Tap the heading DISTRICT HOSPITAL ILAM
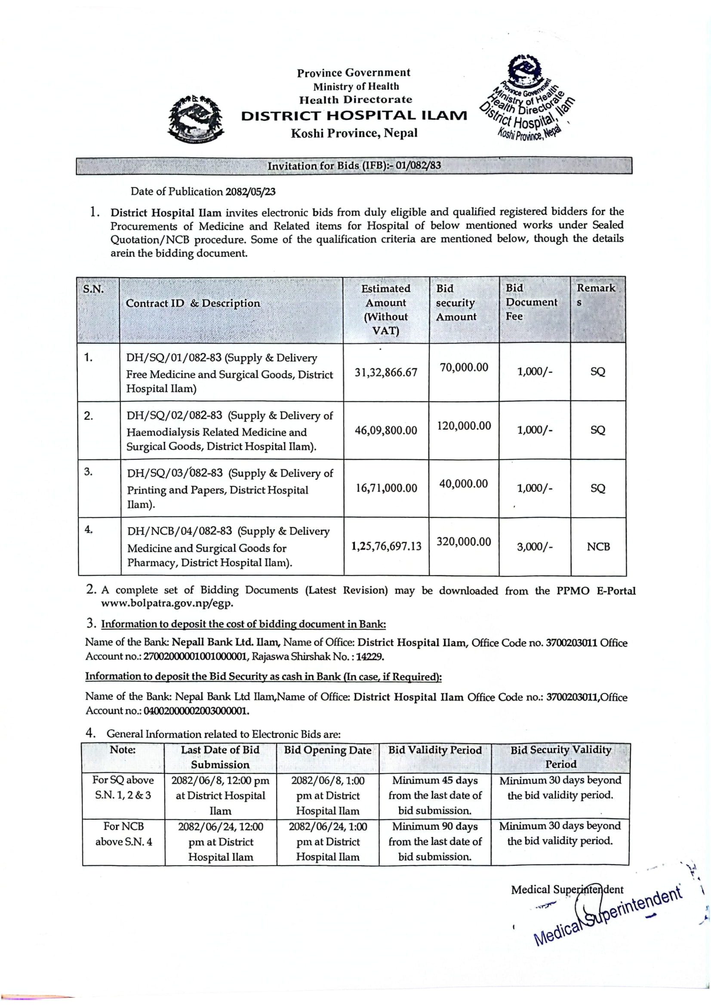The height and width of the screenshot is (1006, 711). [354, 116]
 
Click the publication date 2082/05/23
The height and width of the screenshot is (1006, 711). [250, 192]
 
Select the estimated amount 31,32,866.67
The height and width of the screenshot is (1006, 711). [386, 372]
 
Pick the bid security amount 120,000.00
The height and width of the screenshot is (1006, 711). [464, 426]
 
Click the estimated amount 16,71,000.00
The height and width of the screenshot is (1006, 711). [386, 488]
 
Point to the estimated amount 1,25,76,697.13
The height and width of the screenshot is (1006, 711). [386, 546]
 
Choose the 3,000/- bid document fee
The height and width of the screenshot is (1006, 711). [535, 547]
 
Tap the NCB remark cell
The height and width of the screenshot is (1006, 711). [598, 547]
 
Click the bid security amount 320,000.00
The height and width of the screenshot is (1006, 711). [464, 542]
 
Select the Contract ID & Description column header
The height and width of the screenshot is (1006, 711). [193, 304]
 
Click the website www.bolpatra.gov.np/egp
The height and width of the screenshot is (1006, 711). [167, 603]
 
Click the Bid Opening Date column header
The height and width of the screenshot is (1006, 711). [327, 750]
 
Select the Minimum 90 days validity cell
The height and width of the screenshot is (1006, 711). [434, 841]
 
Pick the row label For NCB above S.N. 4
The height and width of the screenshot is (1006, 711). [123, 834]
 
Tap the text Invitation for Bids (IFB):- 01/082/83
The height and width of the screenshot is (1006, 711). [354, 166]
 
